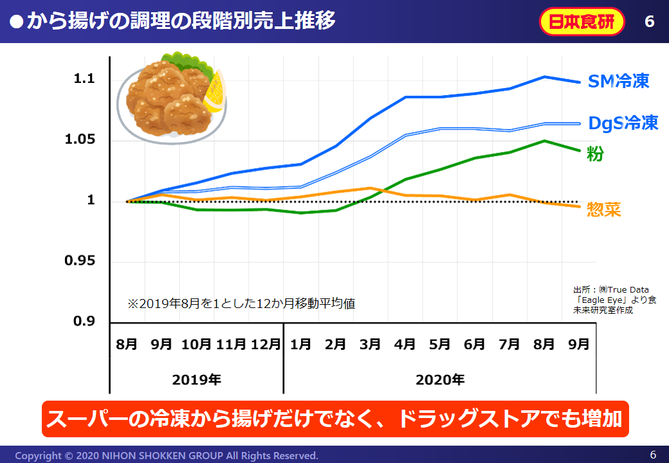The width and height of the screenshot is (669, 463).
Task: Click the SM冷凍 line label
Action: [x=619, y=81]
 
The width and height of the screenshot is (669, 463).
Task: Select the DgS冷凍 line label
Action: [x=623, y=123]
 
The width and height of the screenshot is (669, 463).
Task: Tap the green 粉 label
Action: [x=595, y=154]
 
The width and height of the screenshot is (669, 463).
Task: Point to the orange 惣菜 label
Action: [x=604, y=210]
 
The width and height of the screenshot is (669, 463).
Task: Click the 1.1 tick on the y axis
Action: [x=84, y=79]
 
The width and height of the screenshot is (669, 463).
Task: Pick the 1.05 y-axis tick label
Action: [x=80, y=140]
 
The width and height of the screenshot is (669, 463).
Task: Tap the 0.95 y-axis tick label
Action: [x=80, y=260]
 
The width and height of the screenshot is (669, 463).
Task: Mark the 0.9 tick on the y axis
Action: [x=84, y=321]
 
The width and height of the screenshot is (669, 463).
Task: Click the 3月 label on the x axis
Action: [x=370, y=344]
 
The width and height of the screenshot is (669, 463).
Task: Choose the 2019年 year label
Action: [x=196, y=379]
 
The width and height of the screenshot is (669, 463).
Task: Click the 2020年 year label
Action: [x=440, y=379]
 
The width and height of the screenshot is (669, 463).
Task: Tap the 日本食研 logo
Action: [x=582, y=22]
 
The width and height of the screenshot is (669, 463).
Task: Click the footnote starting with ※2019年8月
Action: [x=241, y=304]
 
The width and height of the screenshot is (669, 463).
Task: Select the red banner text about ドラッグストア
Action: [x=334, y=419]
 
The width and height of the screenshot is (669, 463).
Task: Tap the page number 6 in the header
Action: [x=649, y=22]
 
